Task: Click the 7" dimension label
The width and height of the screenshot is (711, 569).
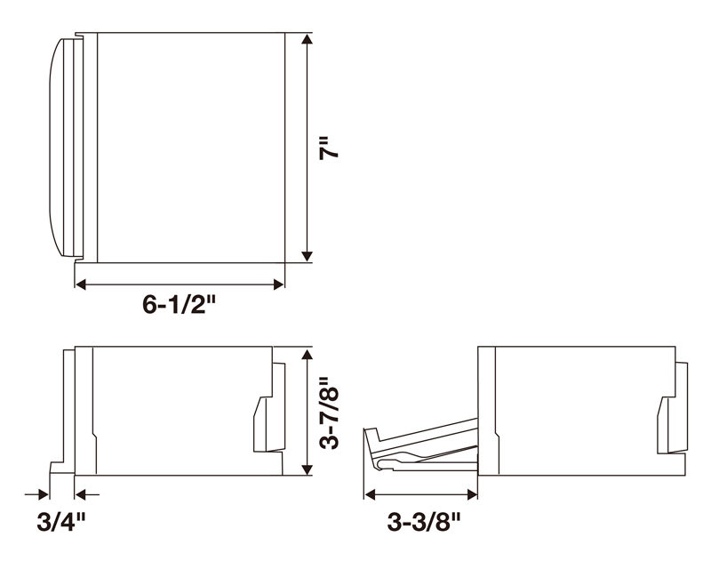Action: click(x=329, y=147)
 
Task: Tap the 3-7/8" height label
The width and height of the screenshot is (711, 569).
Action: click(x=329, y=412)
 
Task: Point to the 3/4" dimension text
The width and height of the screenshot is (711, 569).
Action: click(x=61, y=521)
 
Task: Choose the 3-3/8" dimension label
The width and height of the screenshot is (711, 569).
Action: click(x=424, y=521)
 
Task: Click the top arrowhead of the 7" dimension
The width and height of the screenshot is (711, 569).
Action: click(x=307, y=39)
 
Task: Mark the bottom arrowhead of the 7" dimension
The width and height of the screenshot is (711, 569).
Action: click(x=307, y=256)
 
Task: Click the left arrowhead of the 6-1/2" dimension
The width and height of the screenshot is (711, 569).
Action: click(x=81, y=284)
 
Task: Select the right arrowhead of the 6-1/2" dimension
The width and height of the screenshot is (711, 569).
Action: click(x=278, y=284)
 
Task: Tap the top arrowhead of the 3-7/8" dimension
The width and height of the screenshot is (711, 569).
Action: click(x=307, y=355)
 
